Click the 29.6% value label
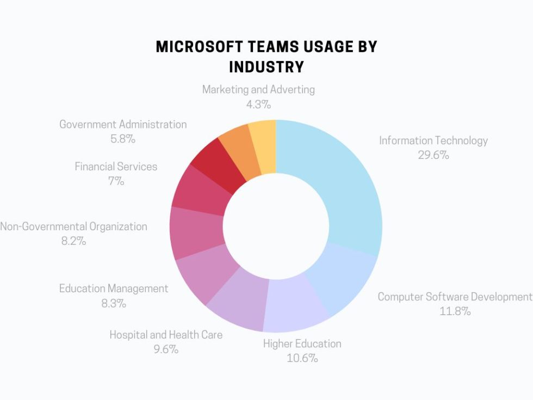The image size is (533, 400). (x=433, y=155)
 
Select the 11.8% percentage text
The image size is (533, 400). (x=455, y=311)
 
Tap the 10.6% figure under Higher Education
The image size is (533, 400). (x=302, y=358)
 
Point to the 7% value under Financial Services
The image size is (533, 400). (x=116, y=181)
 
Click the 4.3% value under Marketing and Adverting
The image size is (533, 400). (x=258, y=104)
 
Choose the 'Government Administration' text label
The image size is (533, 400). (x=123, y=124)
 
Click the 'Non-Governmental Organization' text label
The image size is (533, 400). (x=73, y=226)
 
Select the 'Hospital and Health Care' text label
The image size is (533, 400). (x=166, y=335)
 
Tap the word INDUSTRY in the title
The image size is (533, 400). (x=266, y=67)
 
